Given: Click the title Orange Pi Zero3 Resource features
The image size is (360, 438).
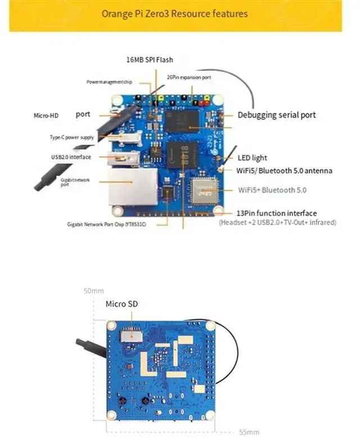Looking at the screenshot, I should click(x=174, y=13).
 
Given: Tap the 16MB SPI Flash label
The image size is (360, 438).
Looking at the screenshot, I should click(x=150, y=60).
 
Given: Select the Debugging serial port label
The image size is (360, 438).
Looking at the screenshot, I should click(x=276, y=115).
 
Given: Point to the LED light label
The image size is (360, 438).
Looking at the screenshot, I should click(x=252, y=158).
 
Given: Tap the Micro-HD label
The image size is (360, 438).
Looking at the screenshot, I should click(x=46, y=115).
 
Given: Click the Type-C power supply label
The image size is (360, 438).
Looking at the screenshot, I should click(x=71, y=137).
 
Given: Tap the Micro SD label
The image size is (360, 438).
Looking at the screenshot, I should click(x=121, y=304).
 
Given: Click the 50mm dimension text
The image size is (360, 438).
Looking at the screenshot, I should click(x=93, y=291).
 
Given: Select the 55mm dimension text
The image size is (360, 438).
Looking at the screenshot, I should click(x=249, y=432).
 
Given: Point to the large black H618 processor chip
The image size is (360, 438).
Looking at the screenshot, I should click(x=182, y=154).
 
